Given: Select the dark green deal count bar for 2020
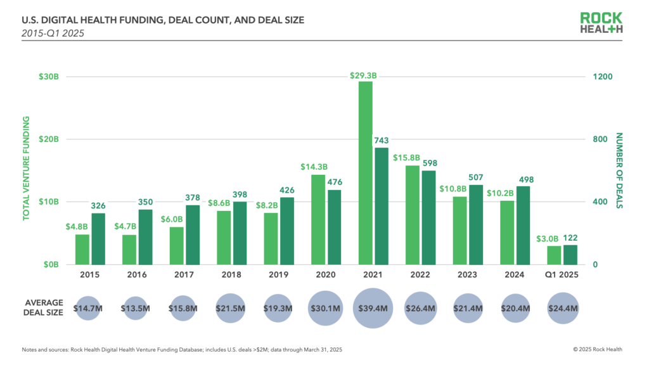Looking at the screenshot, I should [x=334, y=227].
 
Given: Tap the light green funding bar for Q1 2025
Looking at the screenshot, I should [x=553, y=255].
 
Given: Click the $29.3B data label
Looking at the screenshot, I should [x=363, y=75].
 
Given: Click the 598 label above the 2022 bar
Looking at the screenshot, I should [x=428, y=163].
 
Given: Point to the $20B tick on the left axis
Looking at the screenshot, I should [x=49, y=139].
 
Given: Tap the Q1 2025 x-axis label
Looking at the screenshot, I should [x=562, y=274].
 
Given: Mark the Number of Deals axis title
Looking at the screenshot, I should [x=619, y=170].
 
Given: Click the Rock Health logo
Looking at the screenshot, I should [x=603, y=23].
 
